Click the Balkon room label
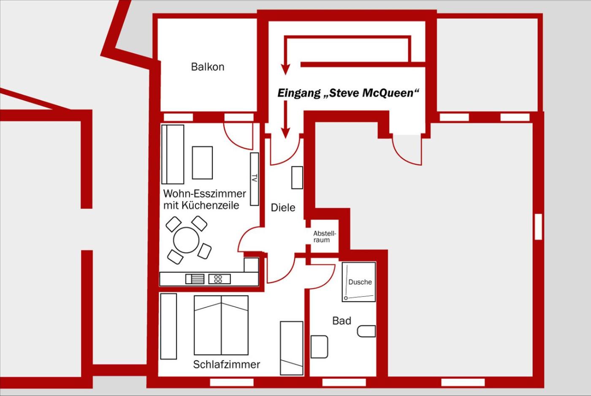[208, 67]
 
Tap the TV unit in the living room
[254, 179]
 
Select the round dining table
[186, 240]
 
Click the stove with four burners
[220, 279]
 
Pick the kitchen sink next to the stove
[195, 279]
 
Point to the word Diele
[283, 208]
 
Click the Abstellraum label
[325, 237]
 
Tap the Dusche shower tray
[359, 282]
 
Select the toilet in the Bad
[366, 331]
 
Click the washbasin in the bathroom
[319, 347]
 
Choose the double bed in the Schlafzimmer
[221, 325]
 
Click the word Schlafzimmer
[227, 365]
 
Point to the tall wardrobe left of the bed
[168, 326]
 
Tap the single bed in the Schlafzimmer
[292, 348]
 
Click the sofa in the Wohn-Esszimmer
[173, 154]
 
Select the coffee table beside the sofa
[202, 163]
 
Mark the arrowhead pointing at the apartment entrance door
[285, 133]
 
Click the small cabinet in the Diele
[297, 178]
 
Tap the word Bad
[342, 321]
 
